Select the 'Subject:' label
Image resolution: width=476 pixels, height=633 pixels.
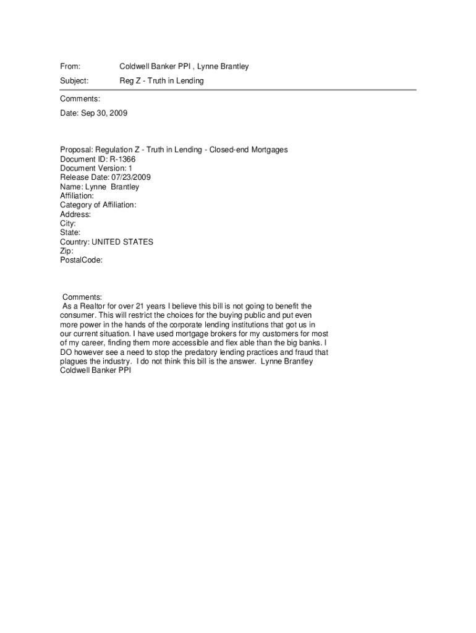[x=74, y=81]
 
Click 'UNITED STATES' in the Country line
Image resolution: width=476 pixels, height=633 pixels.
[x=122, y=242]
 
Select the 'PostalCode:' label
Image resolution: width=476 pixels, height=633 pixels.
[x=81, y=261]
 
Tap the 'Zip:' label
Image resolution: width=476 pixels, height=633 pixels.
[x=67, y=252]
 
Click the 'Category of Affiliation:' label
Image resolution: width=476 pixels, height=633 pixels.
[x=98, y=205]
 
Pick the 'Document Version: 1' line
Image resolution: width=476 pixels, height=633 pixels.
[x=96, y=168]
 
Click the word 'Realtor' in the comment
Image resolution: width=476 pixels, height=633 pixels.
[x=90, y=306]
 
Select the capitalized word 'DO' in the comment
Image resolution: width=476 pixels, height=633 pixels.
[x=66, y=352]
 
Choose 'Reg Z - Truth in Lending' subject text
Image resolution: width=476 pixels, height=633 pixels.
[x=161, y=81]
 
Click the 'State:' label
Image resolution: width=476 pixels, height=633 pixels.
[x=70, y=233]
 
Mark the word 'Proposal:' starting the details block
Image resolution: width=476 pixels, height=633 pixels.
[x=76, y=150]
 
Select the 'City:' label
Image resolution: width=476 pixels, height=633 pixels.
[x=68, y=224]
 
